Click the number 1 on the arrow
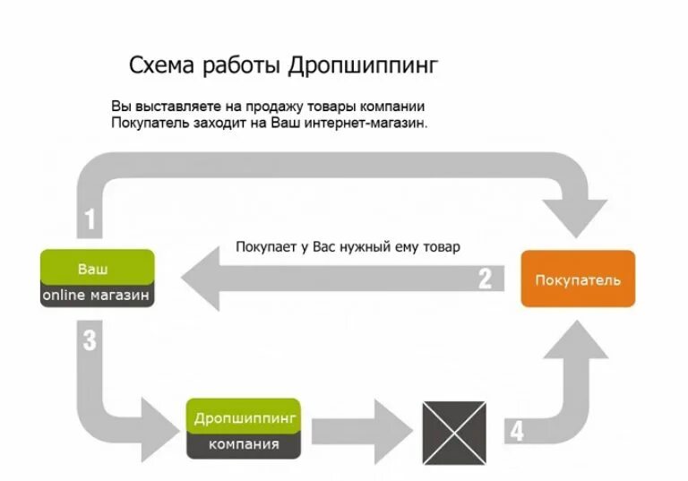pos(89,219)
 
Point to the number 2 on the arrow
pos(485,279)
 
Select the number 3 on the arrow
pos(89,340)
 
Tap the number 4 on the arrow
pos(516,432)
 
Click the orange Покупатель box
pos(578,279)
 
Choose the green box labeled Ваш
pos(97,268)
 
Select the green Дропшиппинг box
pos(244,417)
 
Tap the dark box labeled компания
pos(244,444)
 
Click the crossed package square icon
pos(453,432)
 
